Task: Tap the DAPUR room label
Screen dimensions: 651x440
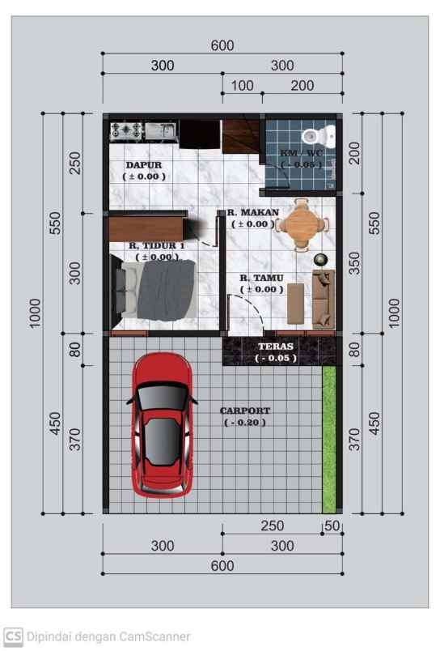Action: (x=144, y=165)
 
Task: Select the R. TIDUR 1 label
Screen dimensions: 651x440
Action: (x=156, y=245)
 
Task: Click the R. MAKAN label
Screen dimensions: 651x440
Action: (x=252, y=213)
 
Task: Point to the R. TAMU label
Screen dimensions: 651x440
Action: (x=260, y=279)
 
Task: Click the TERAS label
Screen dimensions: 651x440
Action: (x=277, y=346)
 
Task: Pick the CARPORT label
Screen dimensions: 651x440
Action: (x=245, y=411)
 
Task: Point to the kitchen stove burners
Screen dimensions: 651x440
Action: (x=127, y=129)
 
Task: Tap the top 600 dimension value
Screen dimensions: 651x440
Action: (x=222, y=46)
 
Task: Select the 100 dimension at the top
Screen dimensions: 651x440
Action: (x=242, y=86)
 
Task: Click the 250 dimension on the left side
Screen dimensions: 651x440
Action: (x=75, y=164)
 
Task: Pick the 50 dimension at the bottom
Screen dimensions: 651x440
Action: (x=332, y=526)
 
